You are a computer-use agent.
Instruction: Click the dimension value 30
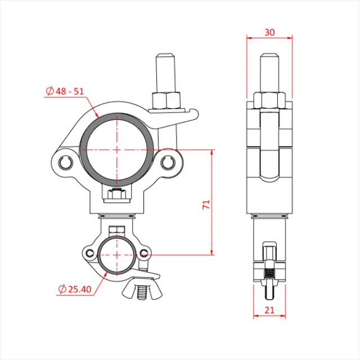(269, 32)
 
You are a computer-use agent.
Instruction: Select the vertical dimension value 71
(206, 204)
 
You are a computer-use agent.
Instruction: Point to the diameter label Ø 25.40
(75, 289)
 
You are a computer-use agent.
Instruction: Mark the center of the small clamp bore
(116, 254)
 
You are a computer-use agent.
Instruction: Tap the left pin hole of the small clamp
(91, 253)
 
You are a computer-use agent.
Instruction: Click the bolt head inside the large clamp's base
(116, 195)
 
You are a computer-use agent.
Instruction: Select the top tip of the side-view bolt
(269, 57)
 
